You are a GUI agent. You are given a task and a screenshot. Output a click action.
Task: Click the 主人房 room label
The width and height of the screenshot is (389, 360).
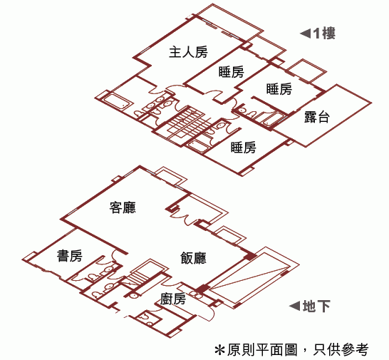click(188, 52)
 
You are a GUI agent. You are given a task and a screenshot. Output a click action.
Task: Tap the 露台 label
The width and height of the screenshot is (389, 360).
click(317, 117)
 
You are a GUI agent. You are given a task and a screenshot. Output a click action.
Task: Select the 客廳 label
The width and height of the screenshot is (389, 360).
click(123, 207)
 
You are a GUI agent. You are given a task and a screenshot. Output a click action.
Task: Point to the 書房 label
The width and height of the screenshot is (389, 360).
click(70, 255)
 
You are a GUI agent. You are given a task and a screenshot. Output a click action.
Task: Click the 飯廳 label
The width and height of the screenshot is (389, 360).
click(193, 258)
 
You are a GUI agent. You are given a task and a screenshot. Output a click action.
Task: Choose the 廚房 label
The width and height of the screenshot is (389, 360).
click(173, 299)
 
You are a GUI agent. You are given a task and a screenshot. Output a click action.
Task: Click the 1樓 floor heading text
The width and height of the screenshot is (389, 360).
click(324, 34)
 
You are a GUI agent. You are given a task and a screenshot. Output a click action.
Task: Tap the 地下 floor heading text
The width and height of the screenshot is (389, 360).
click(316, 306)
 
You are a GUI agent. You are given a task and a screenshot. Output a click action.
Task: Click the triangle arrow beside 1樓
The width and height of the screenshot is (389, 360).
click(306, 34)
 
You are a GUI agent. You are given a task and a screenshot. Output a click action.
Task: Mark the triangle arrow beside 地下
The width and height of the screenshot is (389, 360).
click(295, 306)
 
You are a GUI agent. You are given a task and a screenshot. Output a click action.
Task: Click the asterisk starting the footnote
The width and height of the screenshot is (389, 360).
click(219, 350)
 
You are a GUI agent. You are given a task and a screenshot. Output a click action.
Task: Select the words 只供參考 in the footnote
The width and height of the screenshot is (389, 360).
click(341, 349)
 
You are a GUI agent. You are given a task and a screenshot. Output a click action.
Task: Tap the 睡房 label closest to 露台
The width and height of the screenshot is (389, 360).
click(279, 89)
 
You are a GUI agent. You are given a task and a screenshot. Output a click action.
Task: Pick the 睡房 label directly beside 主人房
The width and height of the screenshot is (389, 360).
click(232, 72)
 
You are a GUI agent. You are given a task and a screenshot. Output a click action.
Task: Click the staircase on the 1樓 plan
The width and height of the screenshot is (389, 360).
click(185, 123)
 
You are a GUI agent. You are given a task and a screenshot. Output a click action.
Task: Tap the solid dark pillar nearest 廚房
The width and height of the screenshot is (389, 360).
click(202, 289)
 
